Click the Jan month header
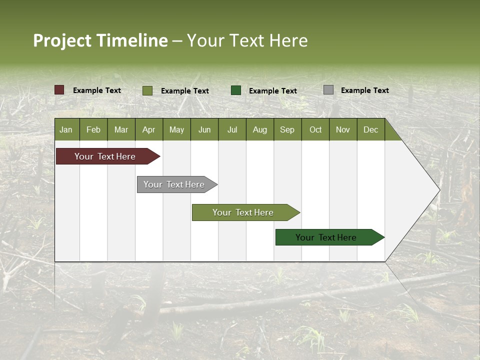coord(66,129)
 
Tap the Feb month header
coord(93,129)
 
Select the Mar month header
coord(121,129)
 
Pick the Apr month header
coord(149,129)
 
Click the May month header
coord(176,129)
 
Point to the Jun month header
coord(204,129)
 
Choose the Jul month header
coord(232,129)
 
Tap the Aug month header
coord(260,129)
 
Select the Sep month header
coord(287,129)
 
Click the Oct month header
coord(315,129)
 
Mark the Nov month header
coord(343,129)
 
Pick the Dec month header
coord(371,129)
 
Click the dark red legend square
coord(59,90)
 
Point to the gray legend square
coord(328,90)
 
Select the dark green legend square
coord(236,90)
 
